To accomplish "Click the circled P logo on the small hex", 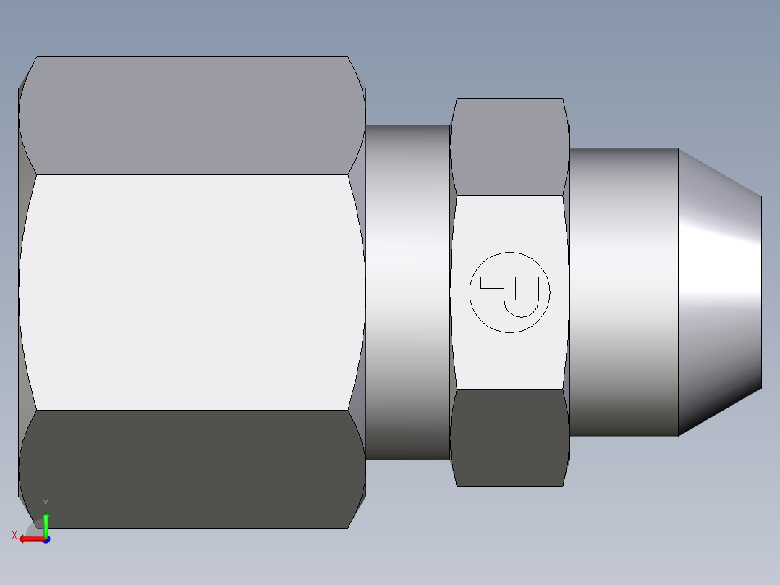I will pyautogui.click(x=509, y=292).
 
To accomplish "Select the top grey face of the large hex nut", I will pyautogui.click(x=192, y=116).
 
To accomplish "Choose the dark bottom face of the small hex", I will pyautogui.click(x=508, y=437).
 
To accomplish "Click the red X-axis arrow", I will pyautogui.click(x=30, y=539).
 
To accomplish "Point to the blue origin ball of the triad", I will pyautogui.click(x=46, y=539).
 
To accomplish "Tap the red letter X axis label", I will pyautogui.click(x=14, y=535).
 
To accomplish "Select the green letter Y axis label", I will pyautogui.click(x=46, y=503).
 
